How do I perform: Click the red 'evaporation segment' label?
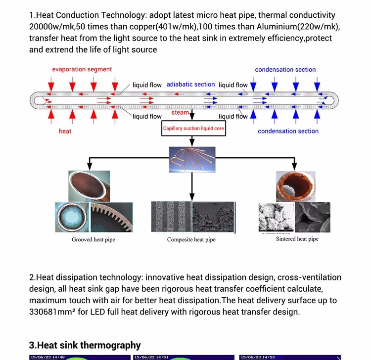tap(82, 69)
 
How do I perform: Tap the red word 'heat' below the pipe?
tap(65, 131)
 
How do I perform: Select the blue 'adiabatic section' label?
tap(190, 85)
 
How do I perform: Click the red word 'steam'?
tap(180, 113)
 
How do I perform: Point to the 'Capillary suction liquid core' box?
tap(193, 129)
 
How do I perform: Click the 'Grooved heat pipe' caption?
tap(93, 240)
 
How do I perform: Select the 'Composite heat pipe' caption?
tap(191, 240)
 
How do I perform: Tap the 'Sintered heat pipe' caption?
tap(297, 239)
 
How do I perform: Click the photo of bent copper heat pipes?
tap(191, 159)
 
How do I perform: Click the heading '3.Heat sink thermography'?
tap(85, 345)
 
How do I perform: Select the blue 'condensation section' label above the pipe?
tap(285, 70)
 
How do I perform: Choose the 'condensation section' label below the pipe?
tap(288, 131)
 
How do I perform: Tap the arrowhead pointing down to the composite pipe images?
tap(191, 197)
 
